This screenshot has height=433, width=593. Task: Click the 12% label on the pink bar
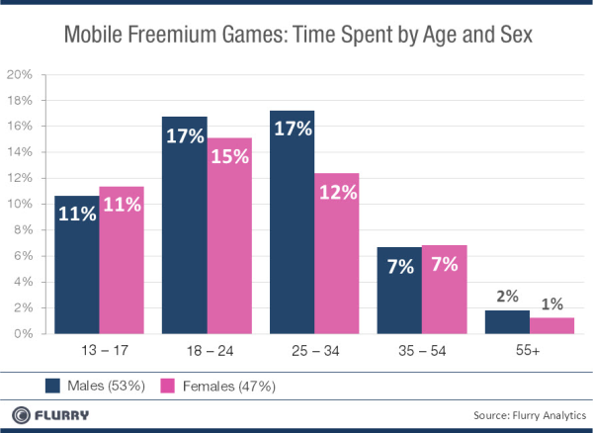336,194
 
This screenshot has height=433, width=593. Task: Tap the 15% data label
228,157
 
